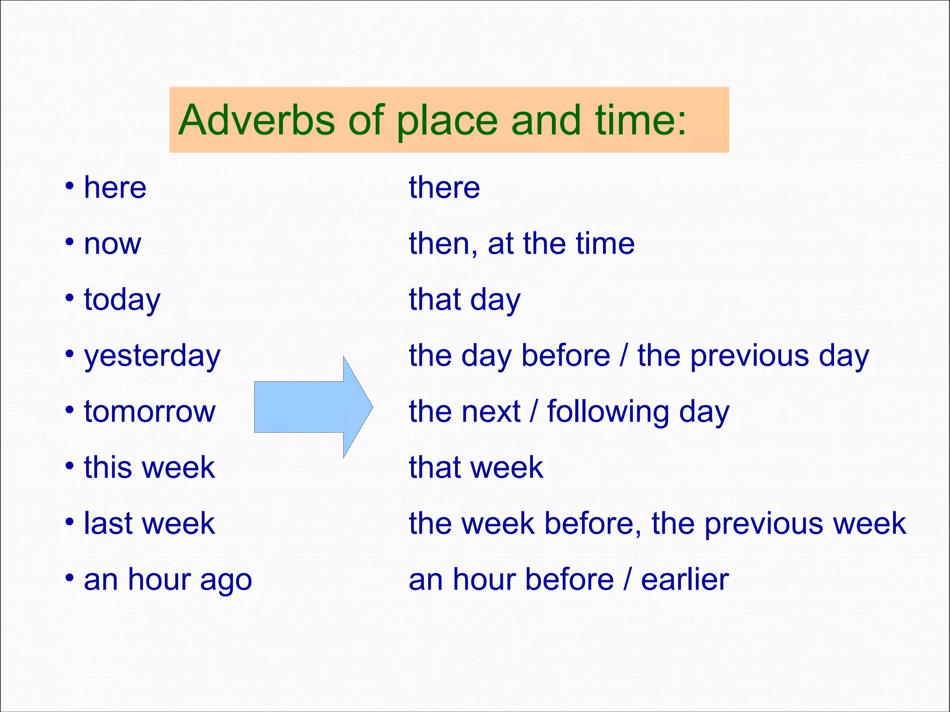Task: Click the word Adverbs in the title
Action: click(257, 120)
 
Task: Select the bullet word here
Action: click(115, 188)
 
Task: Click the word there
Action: click(444, 188)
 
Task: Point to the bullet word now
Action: click(112, 244)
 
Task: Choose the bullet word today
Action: click(122, 301)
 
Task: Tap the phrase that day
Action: click(464, 300)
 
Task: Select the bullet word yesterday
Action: click(152, 357)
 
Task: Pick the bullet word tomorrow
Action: click(149, 412)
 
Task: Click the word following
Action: click(608, 412)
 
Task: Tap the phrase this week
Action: click(149, 468)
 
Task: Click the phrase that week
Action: click(475, 468)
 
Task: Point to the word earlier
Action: click(685, 580)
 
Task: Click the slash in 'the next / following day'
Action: click(534, 412)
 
